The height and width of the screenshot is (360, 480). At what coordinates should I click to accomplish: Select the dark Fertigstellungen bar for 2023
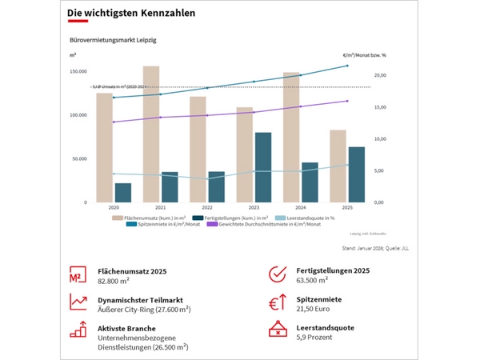pos(262,167)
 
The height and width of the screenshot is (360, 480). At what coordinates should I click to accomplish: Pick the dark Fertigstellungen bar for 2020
pos(123,193)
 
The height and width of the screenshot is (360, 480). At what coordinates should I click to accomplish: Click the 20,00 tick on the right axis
pos(380,75)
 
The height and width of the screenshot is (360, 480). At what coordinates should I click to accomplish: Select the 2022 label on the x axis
pos(206,207)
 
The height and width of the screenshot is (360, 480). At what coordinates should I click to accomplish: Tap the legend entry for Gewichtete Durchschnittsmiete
pos(263,224)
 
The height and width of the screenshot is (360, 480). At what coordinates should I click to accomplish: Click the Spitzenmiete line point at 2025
pos(346,66)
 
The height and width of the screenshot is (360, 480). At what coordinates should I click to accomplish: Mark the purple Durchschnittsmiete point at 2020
pos(114,122)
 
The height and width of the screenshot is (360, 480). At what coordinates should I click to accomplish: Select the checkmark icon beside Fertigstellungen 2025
pos(277,274)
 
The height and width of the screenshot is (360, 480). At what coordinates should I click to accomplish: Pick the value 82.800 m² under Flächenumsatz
pos(113,282)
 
